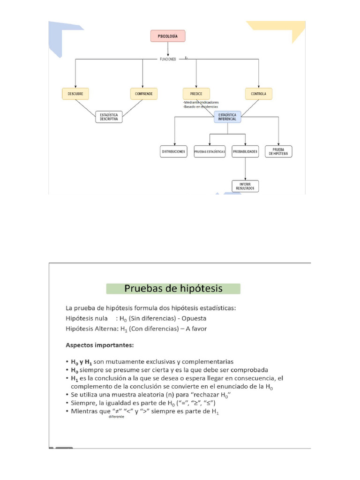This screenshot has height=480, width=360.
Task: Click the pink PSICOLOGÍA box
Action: (168, 36)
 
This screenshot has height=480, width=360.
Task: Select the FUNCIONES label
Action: (168, 59)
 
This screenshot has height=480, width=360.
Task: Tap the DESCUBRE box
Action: (75, 94)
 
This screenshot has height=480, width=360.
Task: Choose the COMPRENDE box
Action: (143, 94)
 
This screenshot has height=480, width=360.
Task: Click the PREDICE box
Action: (196, 94)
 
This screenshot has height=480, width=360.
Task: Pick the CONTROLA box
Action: (258, 94)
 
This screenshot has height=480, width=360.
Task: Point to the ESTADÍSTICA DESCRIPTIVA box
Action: (109, 117)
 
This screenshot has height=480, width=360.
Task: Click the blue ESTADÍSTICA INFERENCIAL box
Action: (228, 117)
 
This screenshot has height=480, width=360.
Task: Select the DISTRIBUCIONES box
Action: (174, 151)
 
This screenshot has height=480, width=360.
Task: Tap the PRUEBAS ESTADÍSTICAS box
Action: (210, 151)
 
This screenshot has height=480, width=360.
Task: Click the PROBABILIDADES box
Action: (245, 151)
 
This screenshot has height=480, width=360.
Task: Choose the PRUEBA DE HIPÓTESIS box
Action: (278, 151)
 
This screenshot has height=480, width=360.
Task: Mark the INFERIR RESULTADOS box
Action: (245, 186)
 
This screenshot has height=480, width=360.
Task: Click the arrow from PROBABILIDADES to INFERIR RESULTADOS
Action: (245, 169)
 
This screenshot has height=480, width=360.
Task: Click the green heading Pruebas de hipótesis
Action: (173, 288)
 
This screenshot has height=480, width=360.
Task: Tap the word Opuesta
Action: (195, 318)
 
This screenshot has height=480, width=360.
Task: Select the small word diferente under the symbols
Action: (116, 417)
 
